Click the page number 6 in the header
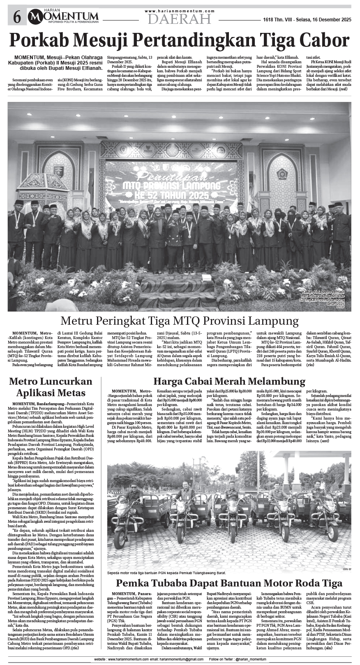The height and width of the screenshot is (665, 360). [x=17, y=17]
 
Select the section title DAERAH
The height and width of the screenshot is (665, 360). [x=180, y=19]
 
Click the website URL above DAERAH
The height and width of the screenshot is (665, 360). [x=180, y=11]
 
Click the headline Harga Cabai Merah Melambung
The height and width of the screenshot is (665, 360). [x=229, y=381]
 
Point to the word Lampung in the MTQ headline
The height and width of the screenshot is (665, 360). [x=275, y=321]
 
